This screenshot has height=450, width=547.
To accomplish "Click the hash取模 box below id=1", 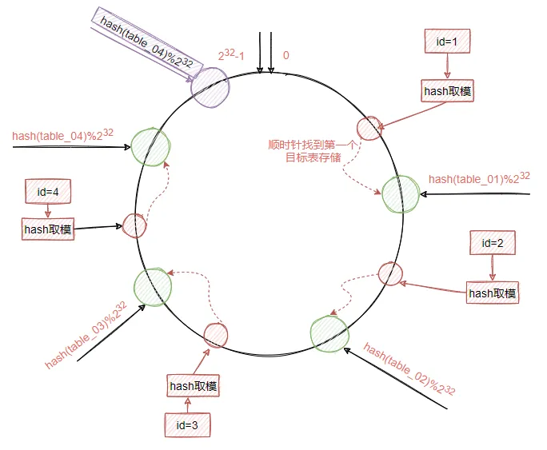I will click(447, 90).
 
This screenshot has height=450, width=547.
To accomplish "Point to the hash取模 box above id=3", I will click(193, 387).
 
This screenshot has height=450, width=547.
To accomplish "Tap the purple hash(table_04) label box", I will click(144, 43).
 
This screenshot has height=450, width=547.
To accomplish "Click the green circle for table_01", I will click(401, 193).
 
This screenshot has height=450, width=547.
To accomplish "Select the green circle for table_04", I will click(150, 145).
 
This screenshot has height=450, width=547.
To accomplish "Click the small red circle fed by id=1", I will click(369, 128).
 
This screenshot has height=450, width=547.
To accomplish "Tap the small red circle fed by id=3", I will click(216, 334).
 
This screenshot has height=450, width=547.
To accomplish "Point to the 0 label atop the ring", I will click(285, 57).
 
